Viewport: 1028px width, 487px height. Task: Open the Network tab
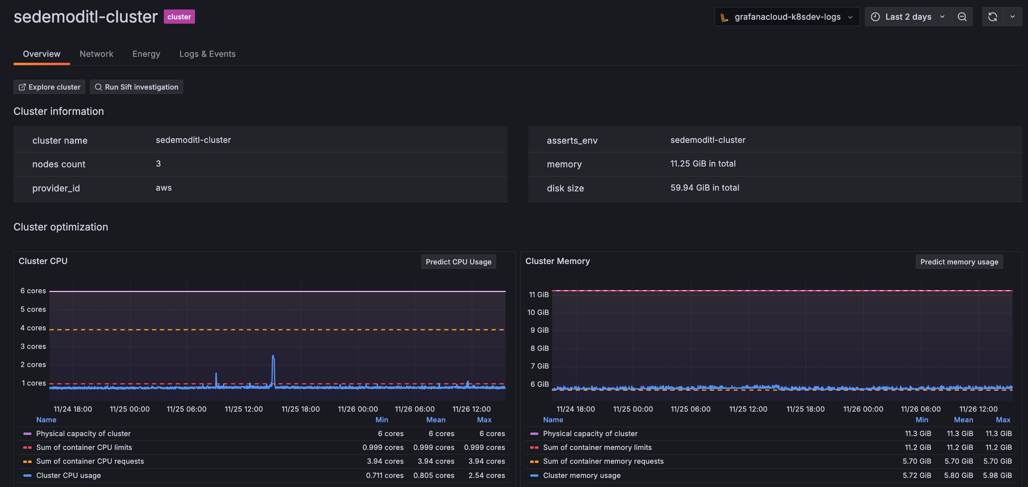(96, 54)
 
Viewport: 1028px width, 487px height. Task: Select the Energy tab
(146, 54)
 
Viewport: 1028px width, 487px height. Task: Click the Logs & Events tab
(207, 54)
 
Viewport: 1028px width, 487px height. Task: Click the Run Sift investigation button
(137, 87)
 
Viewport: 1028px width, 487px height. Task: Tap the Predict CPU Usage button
(458, 262)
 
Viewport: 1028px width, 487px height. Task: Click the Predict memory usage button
(959, 262)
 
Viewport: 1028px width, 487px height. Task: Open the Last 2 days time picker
(908, 17)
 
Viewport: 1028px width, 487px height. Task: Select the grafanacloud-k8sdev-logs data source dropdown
(786, 17)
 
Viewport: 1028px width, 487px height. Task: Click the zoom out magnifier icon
(962, 17)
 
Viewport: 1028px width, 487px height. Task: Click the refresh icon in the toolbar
(992, 17)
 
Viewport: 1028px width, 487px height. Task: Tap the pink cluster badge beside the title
(179, 17)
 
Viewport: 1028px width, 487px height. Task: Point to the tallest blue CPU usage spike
(273, 356)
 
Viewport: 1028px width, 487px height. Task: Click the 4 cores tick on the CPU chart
(33, 328)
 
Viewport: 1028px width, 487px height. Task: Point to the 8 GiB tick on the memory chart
(539, 348)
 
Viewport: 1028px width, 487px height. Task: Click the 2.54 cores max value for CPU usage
(486, 476)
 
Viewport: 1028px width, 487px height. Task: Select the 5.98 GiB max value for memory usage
(998, 476)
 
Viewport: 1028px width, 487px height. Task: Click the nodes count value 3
(158, 163)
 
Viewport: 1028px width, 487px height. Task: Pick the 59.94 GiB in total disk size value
(704, 187)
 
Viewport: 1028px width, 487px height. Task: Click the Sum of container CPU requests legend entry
(90, 461)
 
